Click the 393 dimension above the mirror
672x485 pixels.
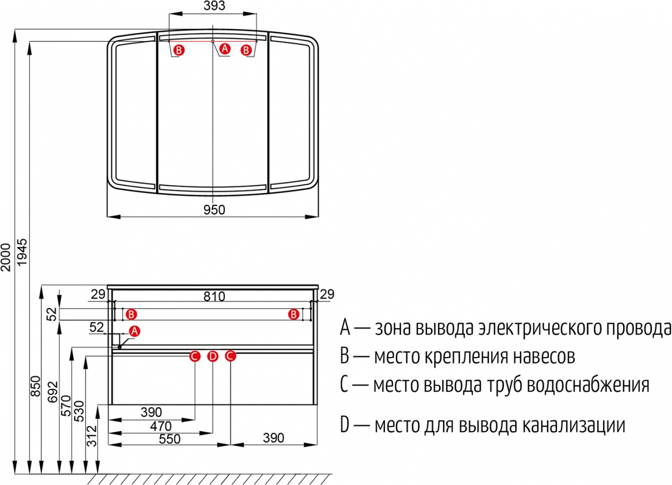(214, 6)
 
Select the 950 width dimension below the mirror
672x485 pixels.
(214, 210)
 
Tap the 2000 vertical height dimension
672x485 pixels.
(5, 257)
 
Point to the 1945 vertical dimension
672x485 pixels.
(22, 252)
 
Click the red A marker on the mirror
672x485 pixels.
(225, 48)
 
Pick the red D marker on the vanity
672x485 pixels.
(213, 356)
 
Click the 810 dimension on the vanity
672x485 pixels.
(214, 296)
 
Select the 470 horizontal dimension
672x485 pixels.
(161, 426)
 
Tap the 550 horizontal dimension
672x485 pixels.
(169, 439)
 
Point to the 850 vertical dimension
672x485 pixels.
(35, 386)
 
